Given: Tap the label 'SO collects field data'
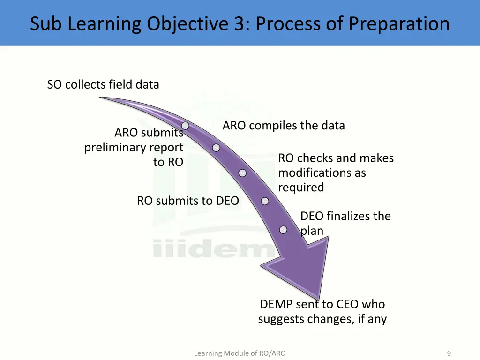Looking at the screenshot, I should pyautogui.click(x=103, y=84).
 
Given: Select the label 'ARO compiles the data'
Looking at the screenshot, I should pyautogui.click(x=284, y=126).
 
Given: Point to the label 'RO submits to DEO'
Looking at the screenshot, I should pyautogui.click(x=187, y=201).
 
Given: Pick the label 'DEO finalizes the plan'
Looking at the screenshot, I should pyautogui.click(x=345, y=223).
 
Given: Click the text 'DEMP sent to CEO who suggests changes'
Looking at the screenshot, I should pyautogui.click(x=322, y=311).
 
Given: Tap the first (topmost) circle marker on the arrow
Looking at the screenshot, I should pyautogui.click(x=186, y=126).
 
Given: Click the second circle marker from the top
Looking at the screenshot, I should pyautogui.click(x=216, y=148).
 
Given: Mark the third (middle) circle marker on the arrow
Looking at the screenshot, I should pyautogui.click(x=242, y=173).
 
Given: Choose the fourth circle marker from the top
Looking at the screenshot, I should pyautogui.click(x=265, y=201).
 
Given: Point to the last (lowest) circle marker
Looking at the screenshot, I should pyautogui.click(x=284, y=230).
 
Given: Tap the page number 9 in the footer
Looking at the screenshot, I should pyautogui.click(x=449, y=353).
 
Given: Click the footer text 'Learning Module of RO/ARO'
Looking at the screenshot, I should pyautogui.click(x=240, y=353).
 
